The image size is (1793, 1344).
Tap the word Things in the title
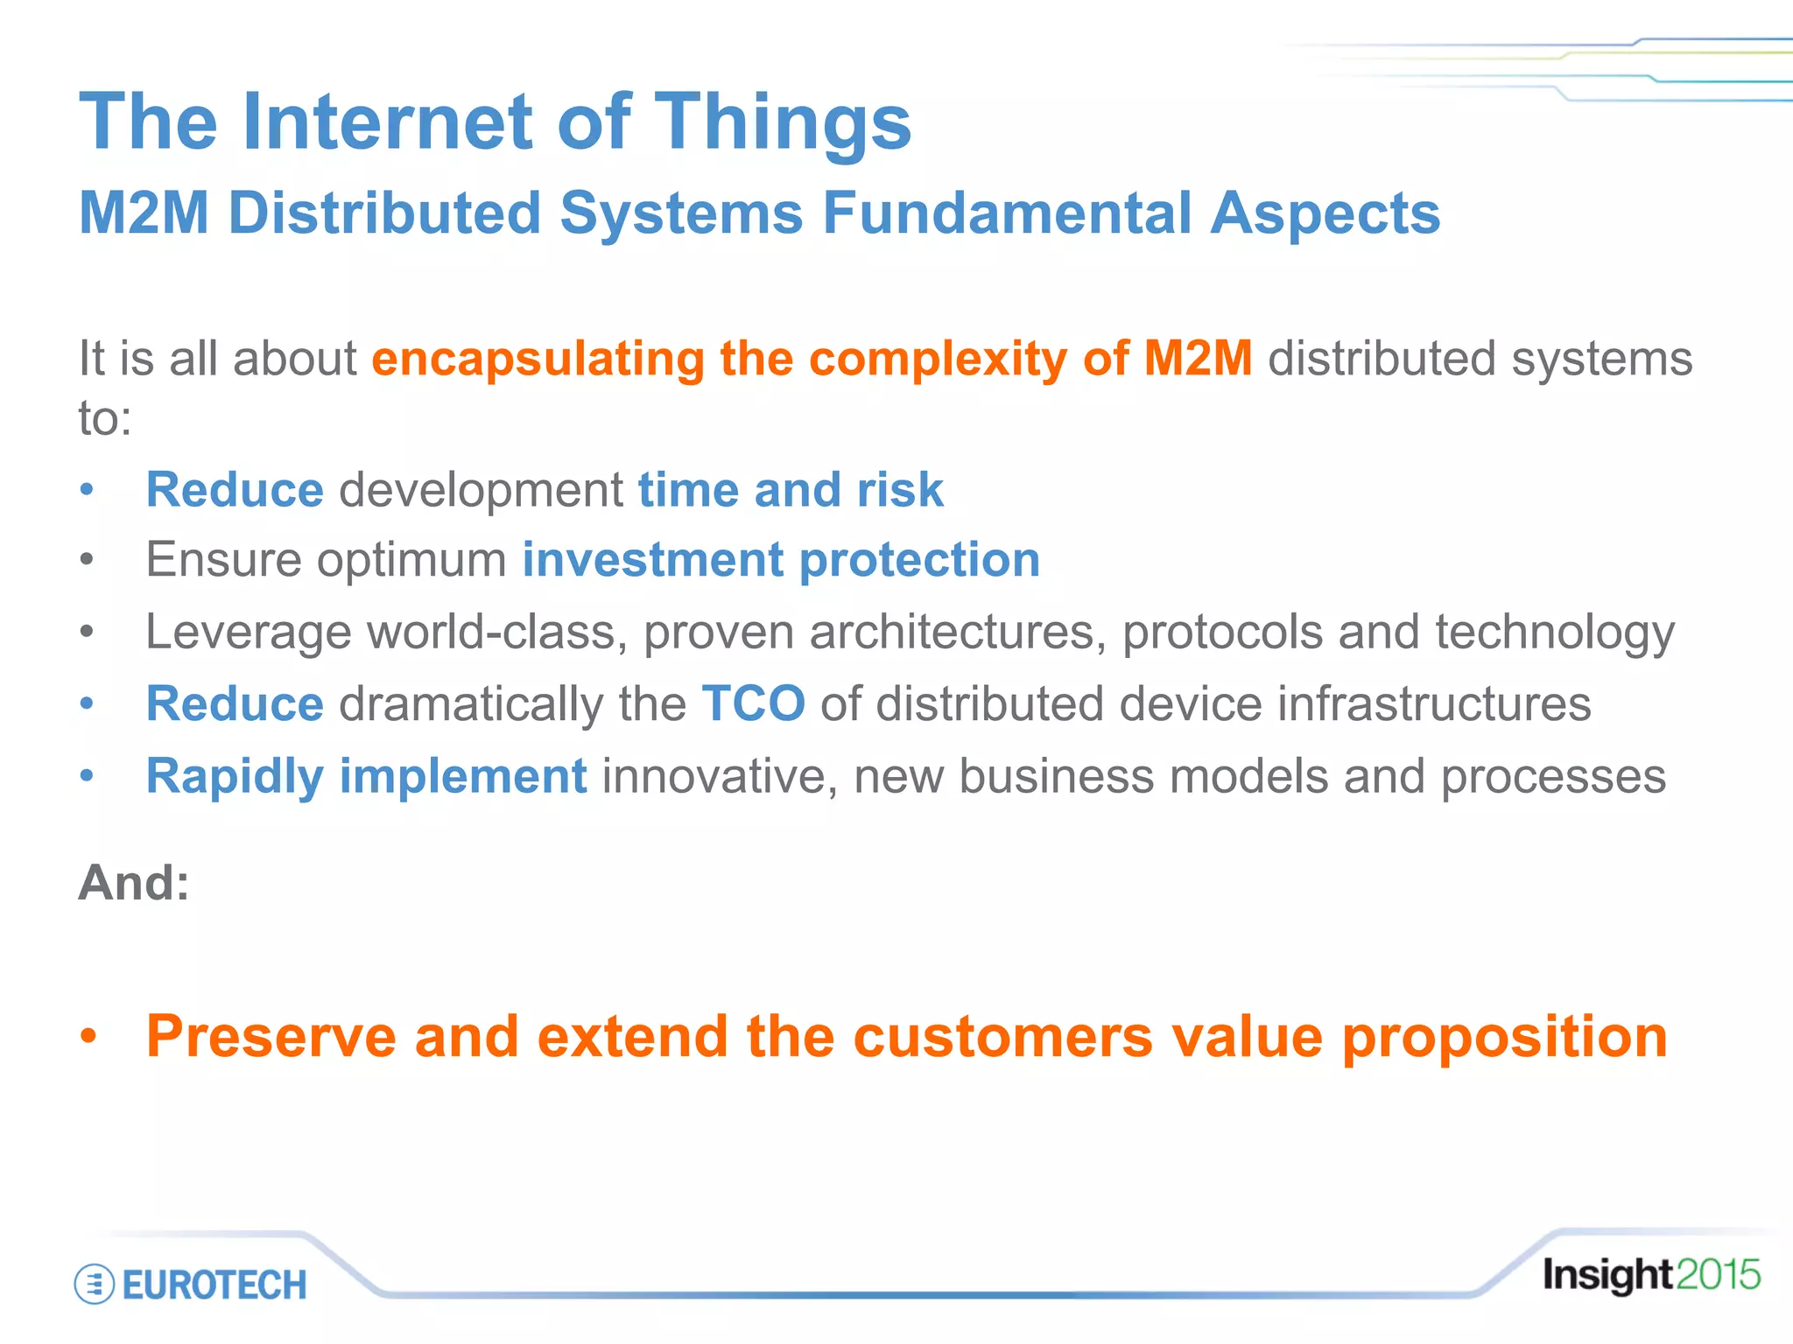click(x=783, y=123)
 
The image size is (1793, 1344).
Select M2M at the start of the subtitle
click(x=144, y=213)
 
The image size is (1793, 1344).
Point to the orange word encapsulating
click(x=538, y=360)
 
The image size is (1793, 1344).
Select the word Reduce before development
click(x=235, y=489)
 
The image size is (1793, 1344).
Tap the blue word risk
click(x=900, y=489)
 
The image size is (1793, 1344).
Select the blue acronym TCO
click(x=753, y=703)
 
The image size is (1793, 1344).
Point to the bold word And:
click(x=134, y=882)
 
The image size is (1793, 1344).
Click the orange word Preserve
click(x=271, y=1037)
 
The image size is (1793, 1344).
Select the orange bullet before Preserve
click(x=88, y=1037)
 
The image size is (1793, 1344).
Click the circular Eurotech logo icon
click(x=94, y=1284)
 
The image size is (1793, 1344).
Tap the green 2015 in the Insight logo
click(x=1718, y=1275)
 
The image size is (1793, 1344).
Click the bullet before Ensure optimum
click(x=86, y=559)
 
